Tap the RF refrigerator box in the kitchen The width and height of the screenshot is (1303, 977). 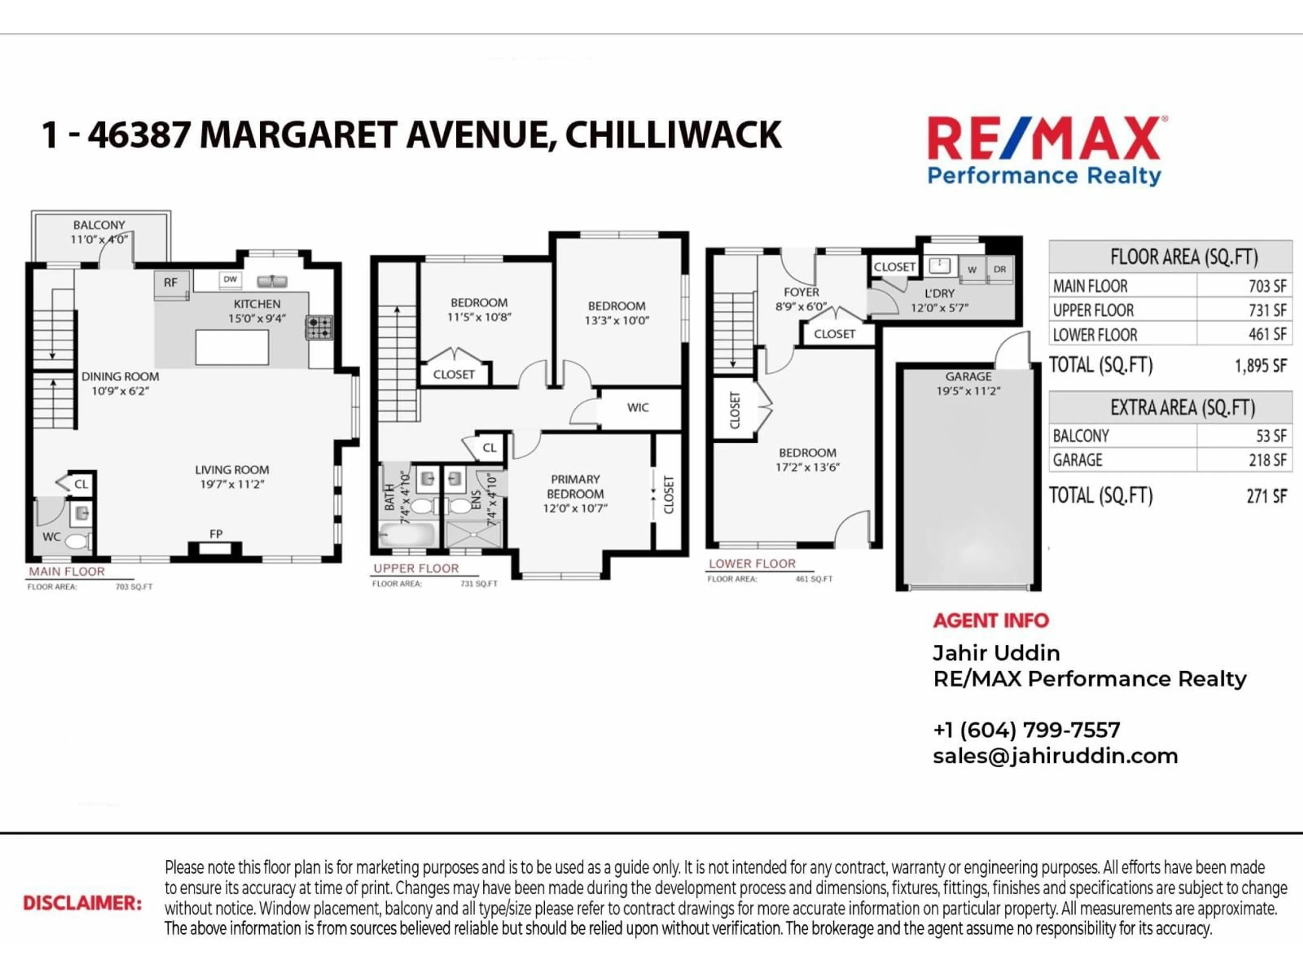171,283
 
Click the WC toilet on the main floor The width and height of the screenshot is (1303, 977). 77,541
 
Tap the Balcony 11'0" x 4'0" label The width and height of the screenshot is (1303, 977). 99,232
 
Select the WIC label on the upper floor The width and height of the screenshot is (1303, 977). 638,407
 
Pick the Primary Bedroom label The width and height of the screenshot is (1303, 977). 575,494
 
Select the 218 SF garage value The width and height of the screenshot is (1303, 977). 1267,460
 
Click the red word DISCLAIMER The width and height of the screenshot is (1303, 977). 82,903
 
